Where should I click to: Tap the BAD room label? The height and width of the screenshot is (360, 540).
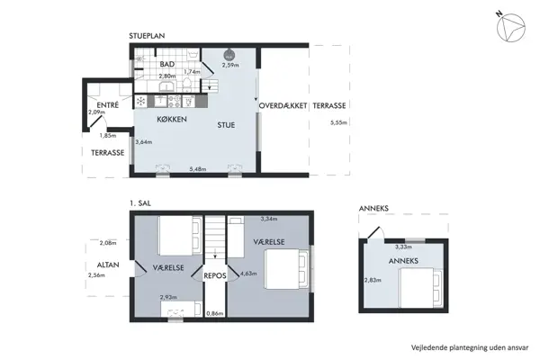pos(166,65)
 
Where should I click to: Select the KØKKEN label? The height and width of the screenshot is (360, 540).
pos(171,119)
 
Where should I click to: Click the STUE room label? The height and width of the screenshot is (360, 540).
pos(225,125)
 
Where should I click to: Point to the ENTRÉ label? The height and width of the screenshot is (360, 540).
pos(107,104)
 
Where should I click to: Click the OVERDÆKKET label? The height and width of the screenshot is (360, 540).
pos(283,106)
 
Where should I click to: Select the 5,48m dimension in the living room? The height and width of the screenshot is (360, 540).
pos(198,168)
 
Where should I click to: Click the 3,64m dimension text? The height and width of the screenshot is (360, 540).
pos(143,141)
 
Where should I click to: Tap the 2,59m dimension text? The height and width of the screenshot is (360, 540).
pos(229,65)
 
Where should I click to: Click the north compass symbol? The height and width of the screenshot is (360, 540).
pos(513,28)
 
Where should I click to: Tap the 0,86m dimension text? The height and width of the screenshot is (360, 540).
pos(215,313)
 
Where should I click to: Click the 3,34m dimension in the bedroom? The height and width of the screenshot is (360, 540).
pos(269,218)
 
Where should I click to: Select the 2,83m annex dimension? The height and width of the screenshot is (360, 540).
pos(371,280)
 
